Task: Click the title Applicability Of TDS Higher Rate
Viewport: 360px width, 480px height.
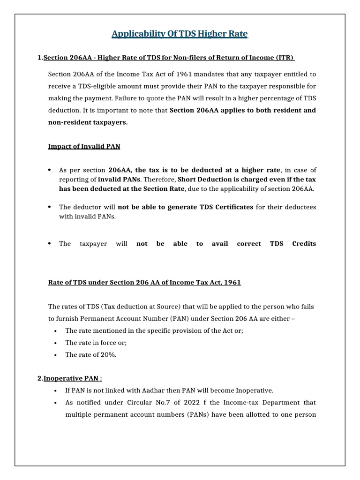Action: [180, 34]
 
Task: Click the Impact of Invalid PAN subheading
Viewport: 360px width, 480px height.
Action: [84, 146]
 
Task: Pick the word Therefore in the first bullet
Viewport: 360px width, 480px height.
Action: [161, 179]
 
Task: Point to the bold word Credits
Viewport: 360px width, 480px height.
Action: [304, 244]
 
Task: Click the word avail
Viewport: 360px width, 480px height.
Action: [220, 244]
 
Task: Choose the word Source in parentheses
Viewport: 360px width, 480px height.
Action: [167, 307]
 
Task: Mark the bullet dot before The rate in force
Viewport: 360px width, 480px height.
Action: [56, 343]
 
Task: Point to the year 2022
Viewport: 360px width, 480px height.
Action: [185, 403]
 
